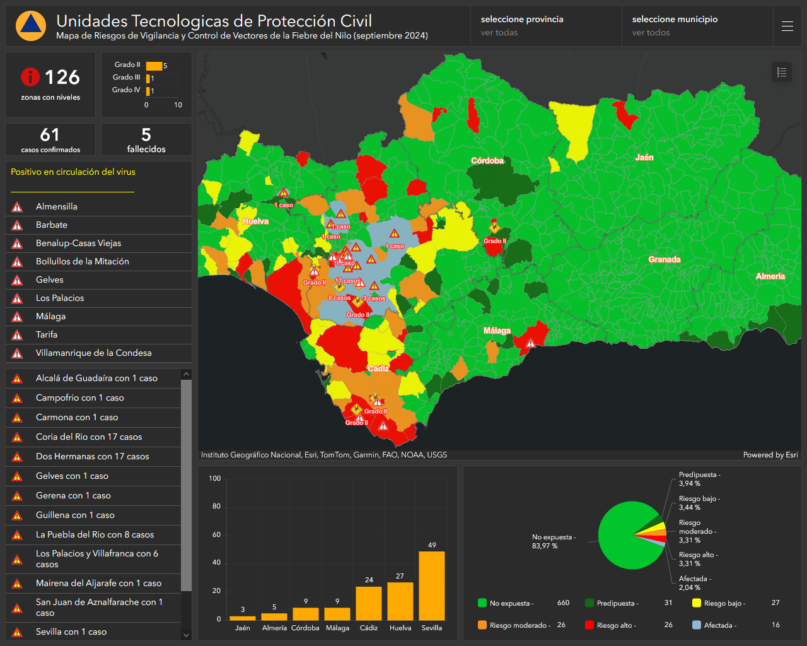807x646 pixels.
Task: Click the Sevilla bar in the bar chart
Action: click(432, 585)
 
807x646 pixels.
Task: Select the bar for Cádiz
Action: click(369, 603)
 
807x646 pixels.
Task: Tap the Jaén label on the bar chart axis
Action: click(243, 628)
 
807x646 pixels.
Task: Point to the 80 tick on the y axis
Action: click(216, 507)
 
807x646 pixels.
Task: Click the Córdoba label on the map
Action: click(487, 161)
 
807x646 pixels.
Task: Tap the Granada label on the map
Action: click(664, 259)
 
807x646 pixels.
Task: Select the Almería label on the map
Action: click(770, 276)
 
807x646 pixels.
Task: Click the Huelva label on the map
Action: click(255, 221)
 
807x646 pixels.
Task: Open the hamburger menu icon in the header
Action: click(787, 26)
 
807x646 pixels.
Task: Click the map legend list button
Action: click(782, 72)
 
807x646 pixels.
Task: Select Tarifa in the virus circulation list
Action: click(47, 334)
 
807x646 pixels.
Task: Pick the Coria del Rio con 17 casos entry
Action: click(89, 437)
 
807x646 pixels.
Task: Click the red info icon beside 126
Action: click(30, 77)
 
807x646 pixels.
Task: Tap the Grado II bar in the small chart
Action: click(154, 66)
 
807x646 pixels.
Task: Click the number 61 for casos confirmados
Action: click(50, 135)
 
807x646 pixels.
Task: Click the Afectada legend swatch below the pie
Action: click(697, 625)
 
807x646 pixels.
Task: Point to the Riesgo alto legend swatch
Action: click(589, 625)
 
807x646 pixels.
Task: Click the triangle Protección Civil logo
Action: click(31, 25)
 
